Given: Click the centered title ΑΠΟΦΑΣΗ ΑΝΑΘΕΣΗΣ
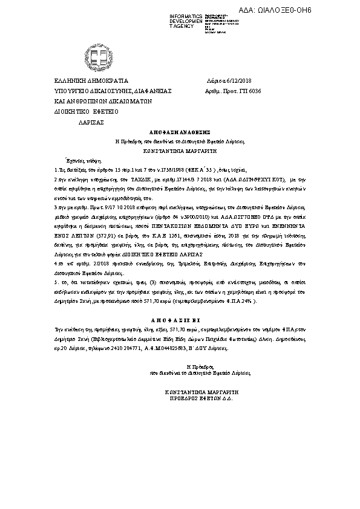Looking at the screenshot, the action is [x=180, y=131].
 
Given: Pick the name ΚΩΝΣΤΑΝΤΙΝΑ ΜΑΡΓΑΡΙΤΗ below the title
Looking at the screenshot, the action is [x=180, y=147].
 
